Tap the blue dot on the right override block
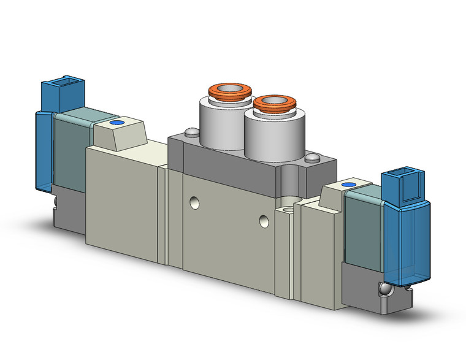coord(349,185)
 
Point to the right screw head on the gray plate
coord(313,158)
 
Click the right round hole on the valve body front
coord(264,220)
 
